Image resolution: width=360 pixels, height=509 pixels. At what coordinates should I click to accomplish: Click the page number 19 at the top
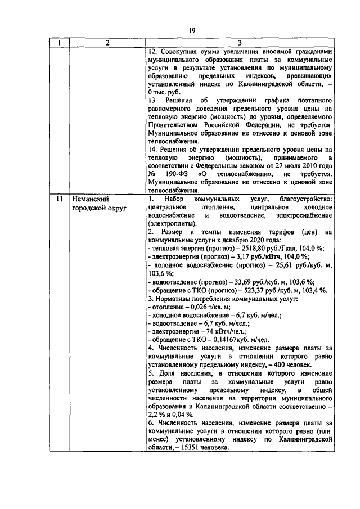point(191,30)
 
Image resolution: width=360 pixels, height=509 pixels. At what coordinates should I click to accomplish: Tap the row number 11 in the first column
point(59,199)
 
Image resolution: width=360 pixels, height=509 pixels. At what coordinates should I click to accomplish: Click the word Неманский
point(89,199)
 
